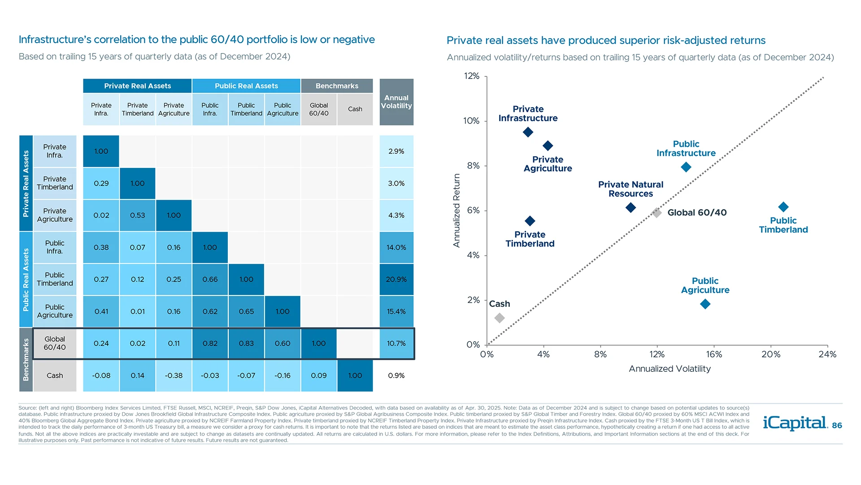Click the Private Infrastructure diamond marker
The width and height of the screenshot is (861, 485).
528,132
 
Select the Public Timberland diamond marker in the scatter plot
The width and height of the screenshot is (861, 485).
783,207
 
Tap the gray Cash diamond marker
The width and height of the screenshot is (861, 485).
500,318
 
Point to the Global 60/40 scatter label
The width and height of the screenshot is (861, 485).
697,212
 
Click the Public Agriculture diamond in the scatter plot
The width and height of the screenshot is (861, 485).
705,304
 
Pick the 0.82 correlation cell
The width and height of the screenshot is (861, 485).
210,344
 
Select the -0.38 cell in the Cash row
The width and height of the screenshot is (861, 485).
174,375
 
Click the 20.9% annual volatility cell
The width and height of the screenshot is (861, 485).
396,279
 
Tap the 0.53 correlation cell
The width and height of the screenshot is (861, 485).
137,215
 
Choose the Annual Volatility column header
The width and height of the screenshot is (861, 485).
396,102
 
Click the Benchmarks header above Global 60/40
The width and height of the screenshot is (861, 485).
337,86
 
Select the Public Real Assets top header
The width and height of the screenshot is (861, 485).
246,86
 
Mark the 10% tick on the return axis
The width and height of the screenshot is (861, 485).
471,121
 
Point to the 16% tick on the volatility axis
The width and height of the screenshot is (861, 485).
714,354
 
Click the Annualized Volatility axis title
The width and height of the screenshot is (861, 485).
670,369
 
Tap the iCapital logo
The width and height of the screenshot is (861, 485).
795,423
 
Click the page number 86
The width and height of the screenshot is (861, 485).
837,425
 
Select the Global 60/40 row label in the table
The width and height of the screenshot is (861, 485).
55,343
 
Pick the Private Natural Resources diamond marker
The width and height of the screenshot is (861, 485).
631,207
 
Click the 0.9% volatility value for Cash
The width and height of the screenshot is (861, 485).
396,375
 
